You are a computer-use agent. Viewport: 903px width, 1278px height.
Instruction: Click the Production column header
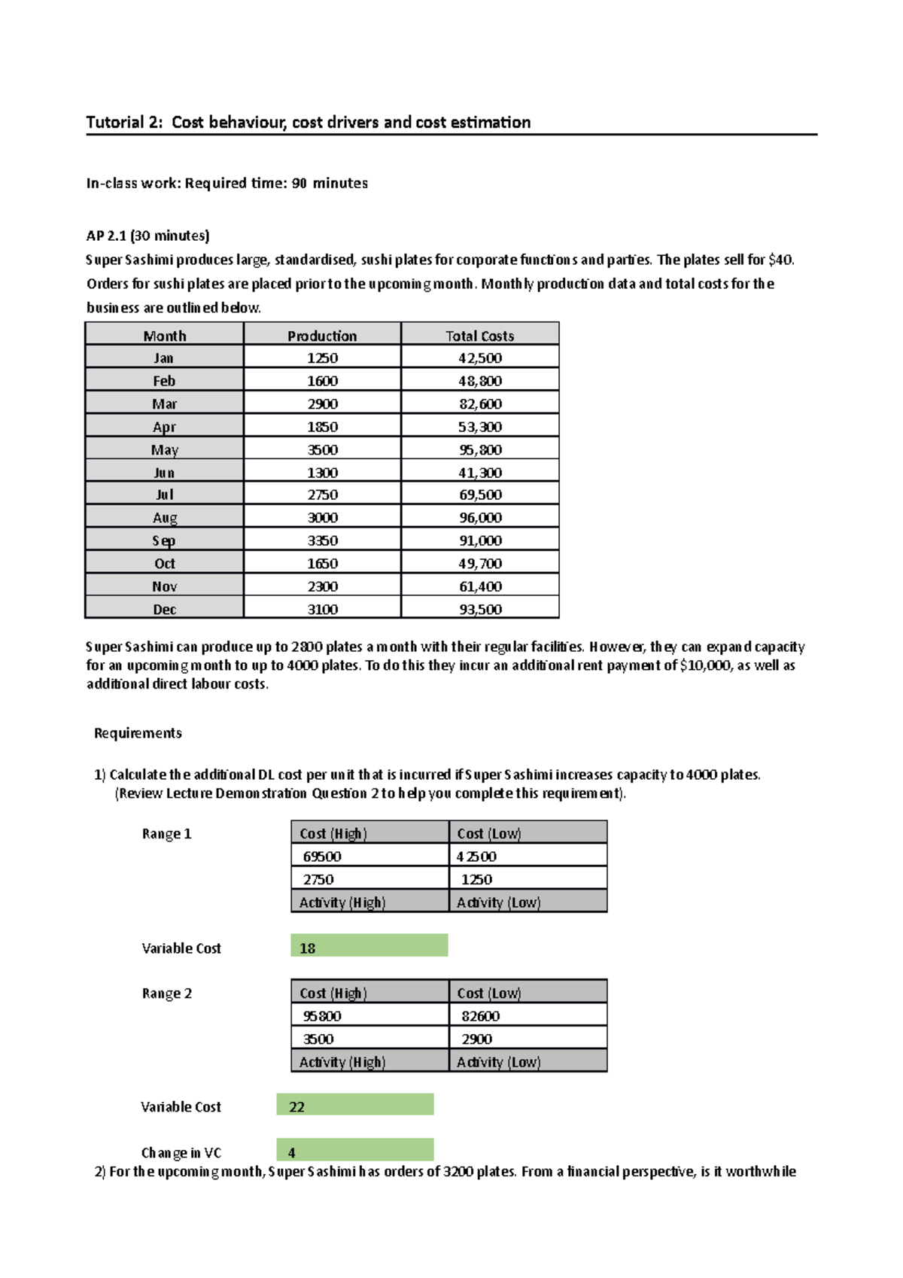tap(322, 336)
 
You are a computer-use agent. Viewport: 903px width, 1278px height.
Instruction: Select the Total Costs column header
tap(479, 336)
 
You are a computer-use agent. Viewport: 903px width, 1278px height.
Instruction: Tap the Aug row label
tap(165, 518)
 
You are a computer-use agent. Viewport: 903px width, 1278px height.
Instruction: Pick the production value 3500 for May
tap(322, 450)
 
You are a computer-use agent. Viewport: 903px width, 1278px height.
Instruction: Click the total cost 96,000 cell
tap(480, 518)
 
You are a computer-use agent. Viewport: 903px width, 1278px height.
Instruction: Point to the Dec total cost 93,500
tap(480, 610)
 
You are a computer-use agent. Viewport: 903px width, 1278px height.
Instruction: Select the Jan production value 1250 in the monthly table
tap(322, 358)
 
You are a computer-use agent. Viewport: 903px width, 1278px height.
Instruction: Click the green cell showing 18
tap(369, 946)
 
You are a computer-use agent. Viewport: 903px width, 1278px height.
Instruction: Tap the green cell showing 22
tap(354, 1105)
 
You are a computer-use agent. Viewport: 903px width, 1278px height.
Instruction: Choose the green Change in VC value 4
tap(354, 1150)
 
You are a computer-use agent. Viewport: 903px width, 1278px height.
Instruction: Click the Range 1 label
tap(166, 834)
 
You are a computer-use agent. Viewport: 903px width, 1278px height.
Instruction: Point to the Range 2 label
tap(166, 993)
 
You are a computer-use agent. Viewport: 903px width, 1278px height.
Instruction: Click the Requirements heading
tap(138, 733)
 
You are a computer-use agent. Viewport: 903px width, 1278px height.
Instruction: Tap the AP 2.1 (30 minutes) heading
tap(147, 236)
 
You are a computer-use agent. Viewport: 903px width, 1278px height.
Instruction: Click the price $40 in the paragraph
tap(780, 260)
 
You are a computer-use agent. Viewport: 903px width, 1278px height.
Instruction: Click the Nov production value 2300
tap(322, 586)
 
